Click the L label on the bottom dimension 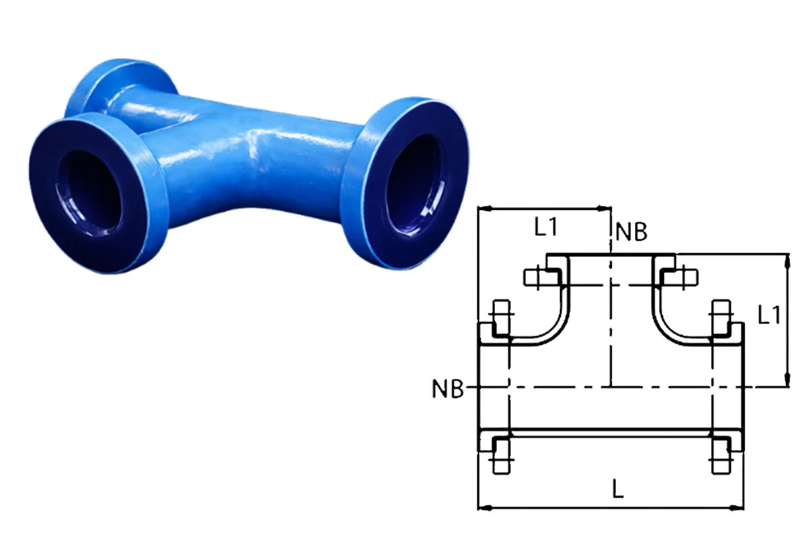[617, 490]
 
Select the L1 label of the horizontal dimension [546, 227]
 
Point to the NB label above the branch [631, 231]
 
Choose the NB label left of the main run [449, 389]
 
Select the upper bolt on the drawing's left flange [502, 315]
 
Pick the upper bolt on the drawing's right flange [720, 315]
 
